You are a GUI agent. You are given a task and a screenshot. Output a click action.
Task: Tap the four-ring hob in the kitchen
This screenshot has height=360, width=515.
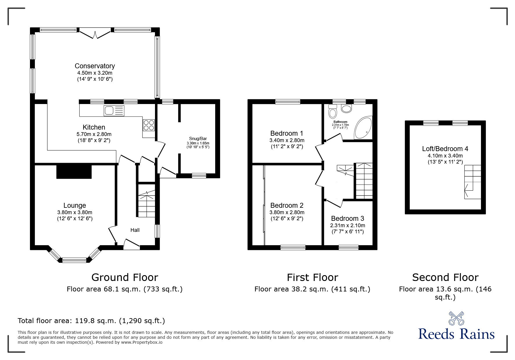[x=149, y=125]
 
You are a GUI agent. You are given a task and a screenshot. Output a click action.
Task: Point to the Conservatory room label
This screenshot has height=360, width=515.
[x=95, y=66]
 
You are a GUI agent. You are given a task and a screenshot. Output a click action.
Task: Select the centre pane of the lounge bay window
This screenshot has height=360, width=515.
[x=74, y=260]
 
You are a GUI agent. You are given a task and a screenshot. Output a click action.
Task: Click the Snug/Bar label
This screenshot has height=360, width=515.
[x=198, y=138]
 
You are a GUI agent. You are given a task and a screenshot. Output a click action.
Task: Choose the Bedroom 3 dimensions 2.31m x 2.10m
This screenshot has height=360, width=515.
[x=348, y=225]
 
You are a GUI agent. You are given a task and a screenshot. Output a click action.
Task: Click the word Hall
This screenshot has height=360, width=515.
[x=135, y=230]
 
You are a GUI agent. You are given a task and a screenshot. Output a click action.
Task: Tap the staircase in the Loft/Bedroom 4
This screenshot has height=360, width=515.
[x=472, y=182]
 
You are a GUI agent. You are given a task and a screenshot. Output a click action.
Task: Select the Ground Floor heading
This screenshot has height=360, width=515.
[x=125, y=277]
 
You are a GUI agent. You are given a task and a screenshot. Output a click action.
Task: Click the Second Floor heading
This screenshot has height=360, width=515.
[x=445, y=277]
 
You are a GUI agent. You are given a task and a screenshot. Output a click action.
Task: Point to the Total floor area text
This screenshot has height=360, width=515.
[x=91, y=321]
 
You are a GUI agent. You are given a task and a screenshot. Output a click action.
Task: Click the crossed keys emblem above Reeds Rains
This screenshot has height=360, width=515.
[x=456, y=318]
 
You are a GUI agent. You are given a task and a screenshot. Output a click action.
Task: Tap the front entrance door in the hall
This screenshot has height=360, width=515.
[x=131, y=244]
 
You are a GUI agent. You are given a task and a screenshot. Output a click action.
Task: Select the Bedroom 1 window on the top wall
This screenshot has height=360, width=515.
[x=288, y=101]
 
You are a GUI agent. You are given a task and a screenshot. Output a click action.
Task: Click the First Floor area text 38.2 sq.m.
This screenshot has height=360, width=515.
[x=312, y=289]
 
